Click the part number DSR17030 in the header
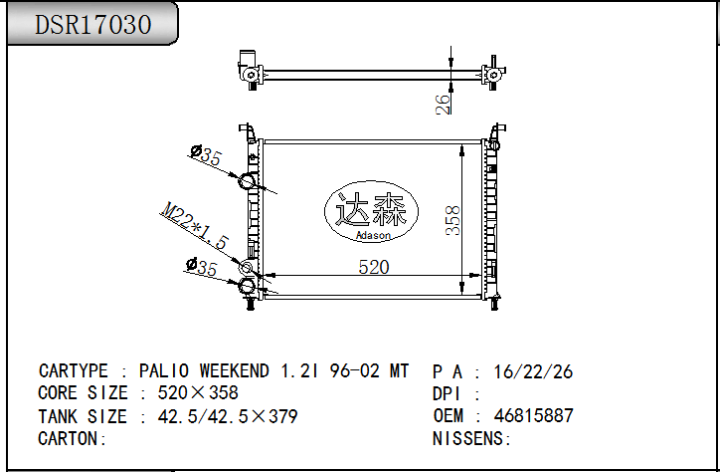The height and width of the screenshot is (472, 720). [93, 24]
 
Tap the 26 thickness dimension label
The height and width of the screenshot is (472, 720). [444, 104]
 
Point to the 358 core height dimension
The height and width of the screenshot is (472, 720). [452, 221]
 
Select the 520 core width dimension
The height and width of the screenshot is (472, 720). [373, 267]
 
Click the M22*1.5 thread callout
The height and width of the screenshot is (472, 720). [195, 226]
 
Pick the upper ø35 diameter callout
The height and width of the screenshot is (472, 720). [205, 155]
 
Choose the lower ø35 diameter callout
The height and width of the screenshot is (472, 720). [201, 267]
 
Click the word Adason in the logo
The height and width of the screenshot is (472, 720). [373, 236]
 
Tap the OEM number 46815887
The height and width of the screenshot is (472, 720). [534, 416]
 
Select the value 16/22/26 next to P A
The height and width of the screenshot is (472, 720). [534, 371]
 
